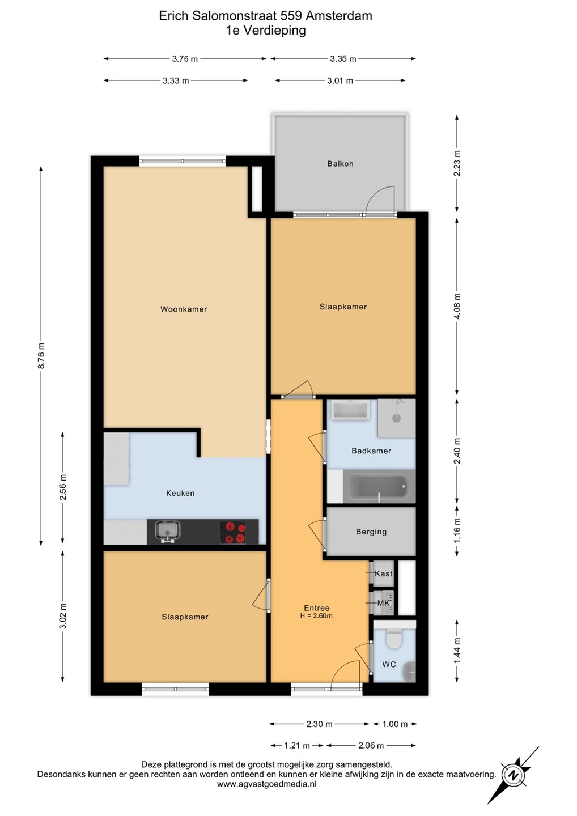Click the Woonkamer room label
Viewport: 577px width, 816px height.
pos(184,309)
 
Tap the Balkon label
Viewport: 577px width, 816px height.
pos(340,164)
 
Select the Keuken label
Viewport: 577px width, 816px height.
pos(180,493)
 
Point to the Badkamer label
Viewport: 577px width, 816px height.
pos(371,450)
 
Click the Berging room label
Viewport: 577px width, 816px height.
pos(371,532)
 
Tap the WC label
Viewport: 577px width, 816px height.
pos(389,664)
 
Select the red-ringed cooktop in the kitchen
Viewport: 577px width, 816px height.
pos(233,532)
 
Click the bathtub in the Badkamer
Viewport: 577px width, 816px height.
pos(379,486)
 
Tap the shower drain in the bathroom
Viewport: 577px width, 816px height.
pos(396,418)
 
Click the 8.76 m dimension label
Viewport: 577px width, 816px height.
pos(41,355)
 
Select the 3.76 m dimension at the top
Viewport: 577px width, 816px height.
pos(185,59)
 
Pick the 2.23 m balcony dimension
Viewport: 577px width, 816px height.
pos(457,163)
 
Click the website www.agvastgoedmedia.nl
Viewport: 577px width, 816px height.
pos(266,784)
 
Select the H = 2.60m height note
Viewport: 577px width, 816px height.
pos(316,616)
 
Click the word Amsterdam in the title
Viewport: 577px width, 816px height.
pos(339,16)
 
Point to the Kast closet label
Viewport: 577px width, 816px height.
pos(384,573)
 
